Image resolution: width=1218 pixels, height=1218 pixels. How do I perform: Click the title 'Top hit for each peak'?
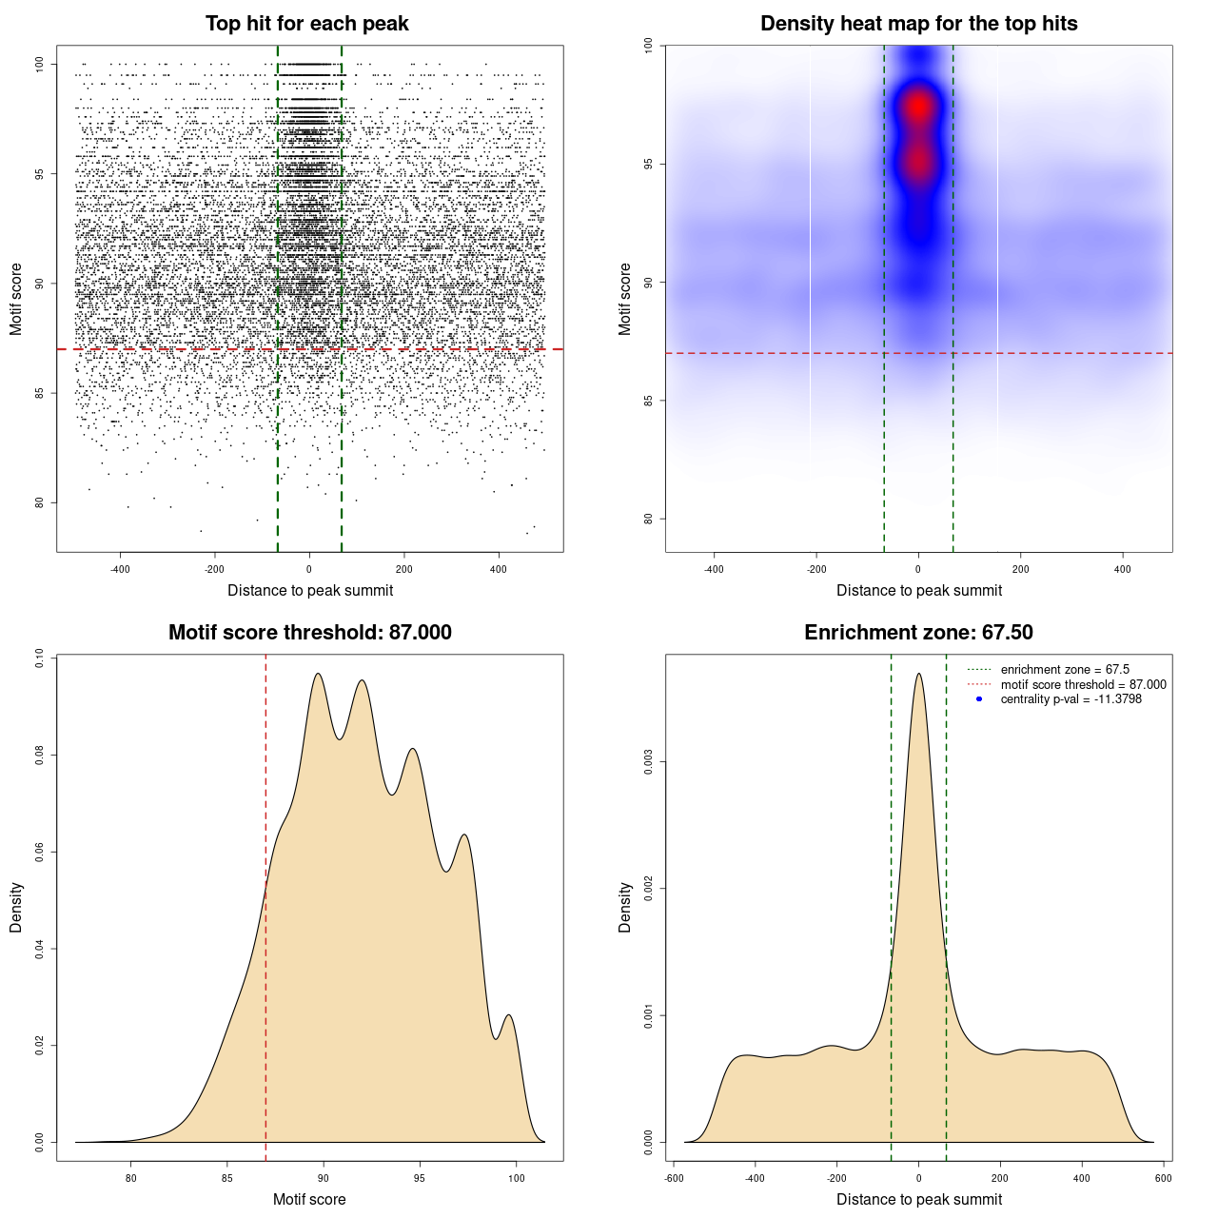point(307,24)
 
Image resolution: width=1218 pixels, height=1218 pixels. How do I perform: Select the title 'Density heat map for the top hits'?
point(918,24)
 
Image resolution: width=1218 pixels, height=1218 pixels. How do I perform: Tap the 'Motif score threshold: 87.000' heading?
point(309,633)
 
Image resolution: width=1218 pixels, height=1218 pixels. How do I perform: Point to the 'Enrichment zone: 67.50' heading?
point(918,633)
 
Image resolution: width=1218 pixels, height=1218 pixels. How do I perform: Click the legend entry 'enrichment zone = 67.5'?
point(1065,670)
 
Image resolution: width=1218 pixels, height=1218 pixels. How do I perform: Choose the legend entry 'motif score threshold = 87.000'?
point(1083,684)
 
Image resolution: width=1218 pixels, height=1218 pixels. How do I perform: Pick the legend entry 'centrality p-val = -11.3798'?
point(1071,699)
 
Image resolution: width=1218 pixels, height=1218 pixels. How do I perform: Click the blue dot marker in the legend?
point(979,699)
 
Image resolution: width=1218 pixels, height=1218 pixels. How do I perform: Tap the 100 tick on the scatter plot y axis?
point(40,64)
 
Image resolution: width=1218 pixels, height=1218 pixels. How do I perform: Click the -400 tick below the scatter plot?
point(120,570)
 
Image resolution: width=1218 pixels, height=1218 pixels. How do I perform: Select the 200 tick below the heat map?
point(1020,570)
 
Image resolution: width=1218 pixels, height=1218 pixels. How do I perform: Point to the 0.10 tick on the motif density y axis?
point(40,658)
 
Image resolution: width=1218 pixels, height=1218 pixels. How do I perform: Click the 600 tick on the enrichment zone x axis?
point(1163,1178)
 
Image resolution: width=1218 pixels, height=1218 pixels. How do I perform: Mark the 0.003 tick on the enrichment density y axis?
point(649,762)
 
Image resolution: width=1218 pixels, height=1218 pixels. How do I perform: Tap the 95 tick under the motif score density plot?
point(420,1178)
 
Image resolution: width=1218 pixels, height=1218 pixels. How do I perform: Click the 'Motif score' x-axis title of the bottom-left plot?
point(309,1199)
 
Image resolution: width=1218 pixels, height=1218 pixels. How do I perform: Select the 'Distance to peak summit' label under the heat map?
point(918,591)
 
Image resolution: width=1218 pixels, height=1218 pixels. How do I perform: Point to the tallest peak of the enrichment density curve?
point(918,675)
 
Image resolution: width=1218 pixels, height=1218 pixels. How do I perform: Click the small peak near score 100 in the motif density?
point(510,1015)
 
